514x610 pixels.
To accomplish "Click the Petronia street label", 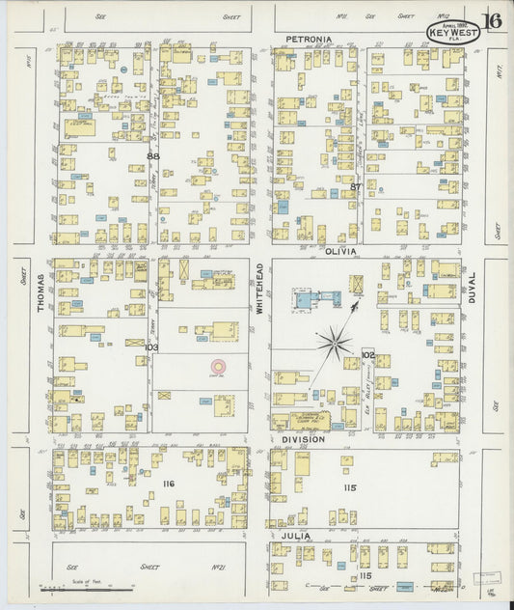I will point(309,40).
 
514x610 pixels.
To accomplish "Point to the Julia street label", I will point(294,534).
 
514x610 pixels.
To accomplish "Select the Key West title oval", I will point(447,32).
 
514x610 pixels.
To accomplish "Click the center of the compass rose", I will point(336,341).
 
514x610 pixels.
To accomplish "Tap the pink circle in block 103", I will point(219,368).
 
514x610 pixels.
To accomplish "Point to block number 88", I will point(152,155).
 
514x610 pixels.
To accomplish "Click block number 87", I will point(356,185).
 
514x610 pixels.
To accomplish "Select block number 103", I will point(150,346).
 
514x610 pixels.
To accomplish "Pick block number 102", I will point(367,355).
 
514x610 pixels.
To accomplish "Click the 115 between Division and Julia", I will point(349,487).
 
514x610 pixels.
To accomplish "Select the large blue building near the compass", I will point(305,300).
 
